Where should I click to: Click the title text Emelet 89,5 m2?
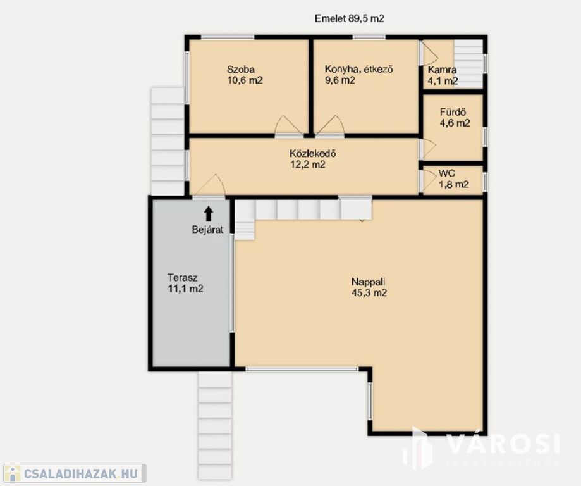pos(349,18)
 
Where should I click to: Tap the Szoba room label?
pos(241,70)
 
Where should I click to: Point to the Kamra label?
pos(442,70)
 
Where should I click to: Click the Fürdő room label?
pos(453,111)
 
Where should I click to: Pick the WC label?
pos(447,173)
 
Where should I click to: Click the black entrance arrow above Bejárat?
pos(209,214)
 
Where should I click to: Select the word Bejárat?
pos(207,230)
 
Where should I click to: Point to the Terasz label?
pos(182,278)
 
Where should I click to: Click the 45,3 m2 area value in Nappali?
pos(369,293)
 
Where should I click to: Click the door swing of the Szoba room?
pos(289,125)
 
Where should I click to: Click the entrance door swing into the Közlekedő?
pos(208,185)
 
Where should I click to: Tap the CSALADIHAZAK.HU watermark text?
pos(81,473)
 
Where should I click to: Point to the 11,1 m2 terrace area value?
pos(185,289)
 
